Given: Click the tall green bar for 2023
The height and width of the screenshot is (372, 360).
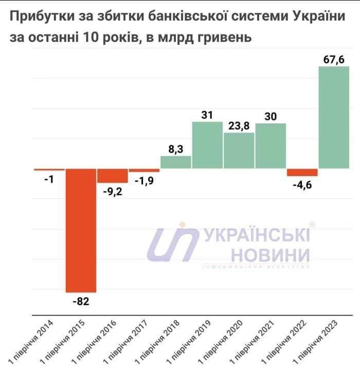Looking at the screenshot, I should point(334,117).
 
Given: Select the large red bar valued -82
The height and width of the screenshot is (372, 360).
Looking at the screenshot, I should point(81,230).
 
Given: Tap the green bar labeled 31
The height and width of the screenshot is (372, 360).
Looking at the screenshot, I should point(207,145).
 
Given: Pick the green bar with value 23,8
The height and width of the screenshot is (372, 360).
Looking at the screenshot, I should point(239,150).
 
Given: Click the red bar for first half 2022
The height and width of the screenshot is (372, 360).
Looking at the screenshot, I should point(302,172).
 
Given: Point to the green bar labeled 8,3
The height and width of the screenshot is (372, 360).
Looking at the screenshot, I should point(176,162).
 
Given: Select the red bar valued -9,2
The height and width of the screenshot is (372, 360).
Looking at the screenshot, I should point(113,175).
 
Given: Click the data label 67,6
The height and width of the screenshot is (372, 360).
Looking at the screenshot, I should point(334,59).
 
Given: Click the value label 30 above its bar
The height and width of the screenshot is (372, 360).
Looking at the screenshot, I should point(271,116).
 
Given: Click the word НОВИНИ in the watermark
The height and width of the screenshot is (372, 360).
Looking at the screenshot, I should point(270,254).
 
